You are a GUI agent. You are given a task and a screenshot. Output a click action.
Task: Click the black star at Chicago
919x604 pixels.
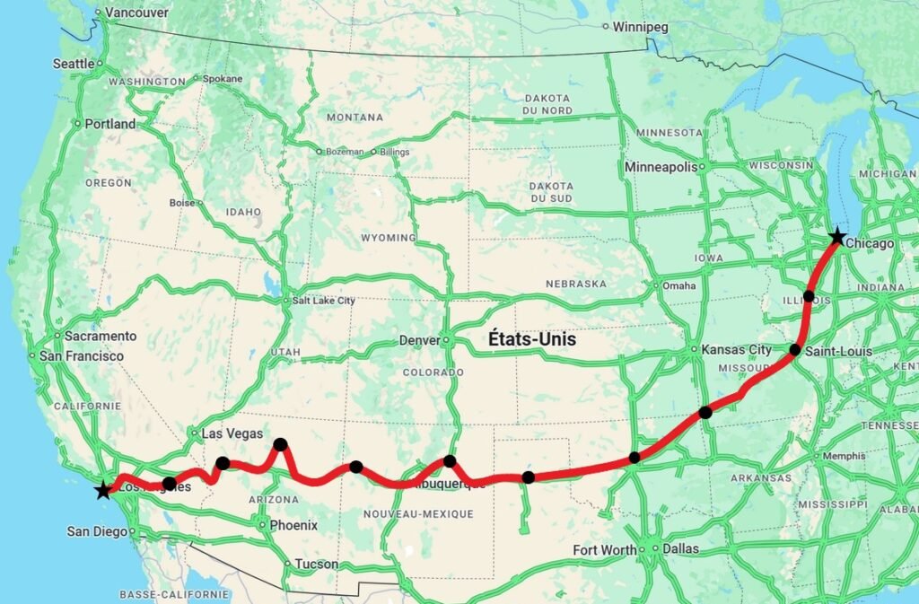(x=836, y=237)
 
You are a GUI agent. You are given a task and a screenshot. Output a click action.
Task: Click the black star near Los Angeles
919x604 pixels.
(x=103, y=490)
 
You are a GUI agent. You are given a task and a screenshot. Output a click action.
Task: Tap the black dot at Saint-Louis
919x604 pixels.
(x=795, y=349)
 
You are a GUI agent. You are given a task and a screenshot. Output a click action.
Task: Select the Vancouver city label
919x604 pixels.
(x=136, y=13)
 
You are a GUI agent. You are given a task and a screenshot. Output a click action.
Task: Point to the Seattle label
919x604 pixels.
(x=74, y=64)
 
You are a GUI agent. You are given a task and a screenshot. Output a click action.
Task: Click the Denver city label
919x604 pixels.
(x=420, y=341)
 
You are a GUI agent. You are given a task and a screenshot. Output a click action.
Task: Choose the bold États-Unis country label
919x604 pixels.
(x=531, y=340)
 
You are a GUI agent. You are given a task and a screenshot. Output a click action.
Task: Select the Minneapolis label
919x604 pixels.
(x=661, y=168)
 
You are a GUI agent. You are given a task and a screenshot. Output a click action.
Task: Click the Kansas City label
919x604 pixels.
(x=736, y=349)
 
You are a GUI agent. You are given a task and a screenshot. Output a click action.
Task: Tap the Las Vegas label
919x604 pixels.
(x=232, y=433)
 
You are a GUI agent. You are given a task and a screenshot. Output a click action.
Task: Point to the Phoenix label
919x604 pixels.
(x=293, y=525)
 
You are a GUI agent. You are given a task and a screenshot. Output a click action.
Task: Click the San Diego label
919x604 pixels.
(x=97, y=531)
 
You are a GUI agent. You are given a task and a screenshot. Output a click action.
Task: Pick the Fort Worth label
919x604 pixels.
(x=605, y=549)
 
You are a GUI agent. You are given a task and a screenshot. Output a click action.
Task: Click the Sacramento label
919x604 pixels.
(x=101, y=337)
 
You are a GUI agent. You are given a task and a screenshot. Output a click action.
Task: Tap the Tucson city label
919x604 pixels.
(x=317, y=565)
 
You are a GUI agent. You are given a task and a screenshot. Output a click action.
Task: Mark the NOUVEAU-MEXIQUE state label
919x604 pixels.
(x=417, y=514)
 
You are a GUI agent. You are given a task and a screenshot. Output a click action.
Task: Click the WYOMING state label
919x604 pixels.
(x=388, y=238)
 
